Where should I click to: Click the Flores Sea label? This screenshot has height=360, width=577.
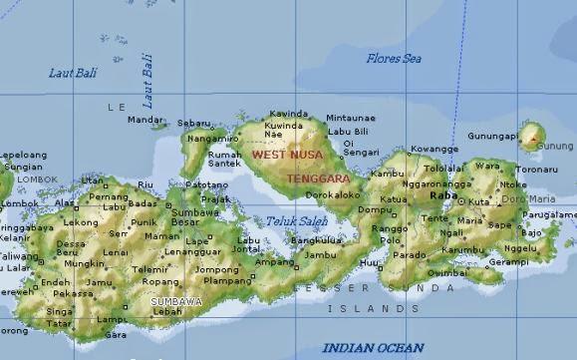point(394,59)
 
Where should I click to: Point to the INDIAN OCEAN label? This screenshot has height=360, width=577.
point(373,347)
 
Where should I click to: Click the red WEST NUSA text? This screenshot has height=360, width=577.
point(289,155)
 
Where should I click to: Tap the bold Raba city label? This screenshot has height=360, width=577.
point(442,196)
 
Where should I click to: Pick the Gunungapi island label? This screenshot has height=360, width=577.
point(491,136)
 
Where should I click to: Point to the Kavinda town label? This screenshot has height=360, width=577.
point(289,114)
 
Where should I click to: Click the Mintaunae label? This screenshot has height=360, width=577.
point(351,118)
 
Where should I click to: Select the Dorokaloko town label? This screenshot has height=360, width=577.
point(333,195)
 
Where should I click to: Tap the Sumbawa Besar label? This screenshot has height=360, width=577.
point(195,217)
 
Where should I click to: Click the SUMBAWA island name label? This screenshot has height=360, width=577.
point(176,300)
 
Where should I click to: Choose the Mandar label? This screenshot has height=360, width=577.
point(145,120)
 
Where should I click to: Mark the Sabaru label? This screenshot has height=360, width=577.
point(193,123)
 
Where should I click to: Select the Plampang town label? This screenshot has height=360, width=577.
point(227,281)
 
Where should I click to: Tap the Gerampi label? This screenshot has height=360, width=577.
point(507,261)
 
